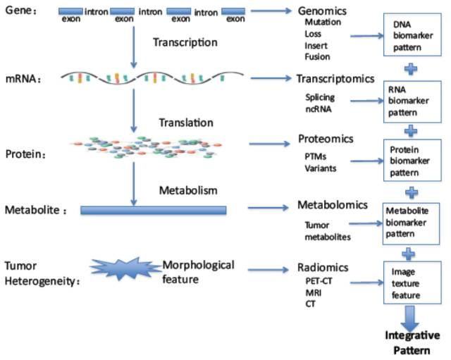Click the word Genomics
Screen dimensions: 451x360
coord(322,11)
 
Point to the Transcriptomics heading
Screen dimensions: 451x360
coord(335,78)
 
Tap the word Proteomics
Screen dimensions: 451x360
coord(326,139)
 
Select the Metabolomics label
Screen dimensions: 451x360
coord(333,205)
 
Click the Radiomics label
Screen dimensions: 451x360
coord(323,268)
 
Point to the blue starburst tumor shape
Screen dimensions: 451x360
coord(125,268)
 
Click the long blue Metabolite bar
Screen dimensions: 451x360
coord(154,210)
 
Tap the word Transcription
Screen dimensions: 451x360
coord(185,42)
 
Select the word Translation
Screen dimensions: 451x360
coord(186,123)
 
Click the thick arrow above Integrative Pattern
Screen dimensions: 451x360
coord(410,318)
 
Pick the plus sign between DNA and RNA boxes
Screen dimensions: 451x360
coord(411,69)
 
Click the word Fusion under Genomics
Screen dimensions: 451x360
coord(317,56)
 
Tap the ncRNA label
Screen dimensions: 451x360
coord(319,109)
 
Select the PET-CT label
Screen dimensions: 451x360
coord(319,280)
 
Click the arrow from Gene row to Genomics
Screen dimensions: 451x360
coord(271,11)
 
